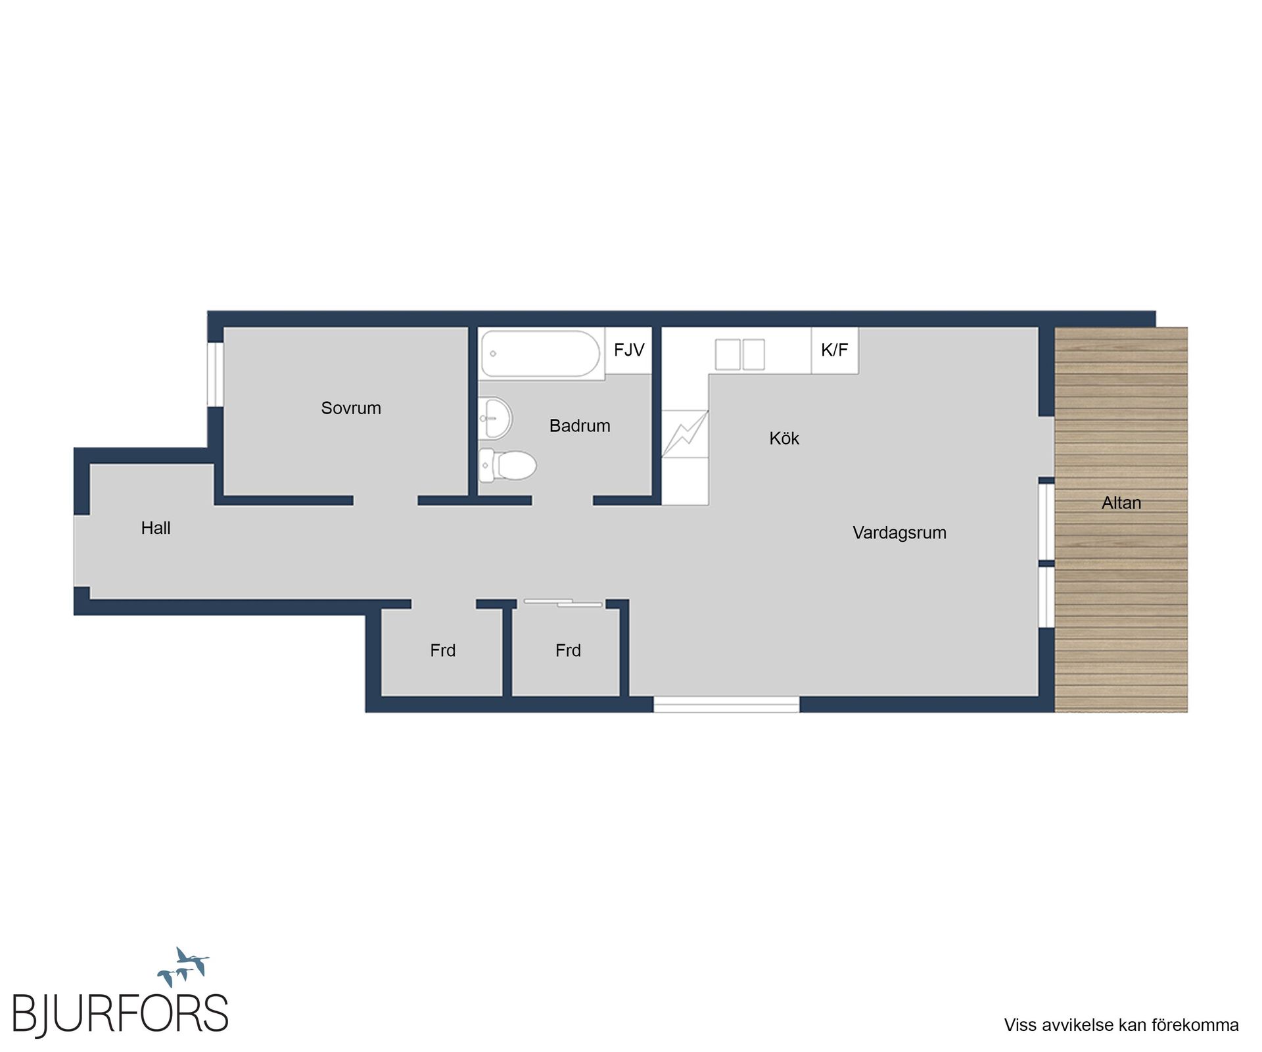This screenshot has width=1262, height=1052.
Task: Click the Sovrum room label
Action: tap(351, 408)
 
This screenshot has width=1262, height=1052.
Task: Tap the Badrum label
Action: tap(580, 425)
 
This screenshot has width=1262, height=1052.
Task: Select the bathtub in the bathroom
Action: tap(540, 354)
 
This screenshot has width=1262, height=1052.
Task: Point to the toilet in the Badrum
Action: tap(507, 465)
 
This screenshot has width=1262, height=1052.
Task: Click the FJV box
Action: tap(629, 350)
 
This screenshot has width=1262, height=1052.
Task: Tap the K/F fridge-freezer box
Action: tap(835, 350)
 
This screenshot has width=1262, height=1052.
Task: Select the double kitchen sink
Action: tap(740, 354)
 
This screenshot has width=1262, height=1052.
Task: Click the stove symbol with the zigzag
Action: tap(685, 434)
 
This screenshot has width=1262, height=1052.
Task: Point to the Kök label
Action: tap(784, 439)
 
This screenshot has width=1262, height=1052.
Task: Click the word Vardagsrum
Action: tap(899, 533)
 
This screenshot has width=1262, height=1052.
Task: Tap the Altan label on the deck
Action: tap(1121, 503)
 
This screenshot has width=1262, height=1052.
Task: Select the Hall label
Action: tap(156, 528)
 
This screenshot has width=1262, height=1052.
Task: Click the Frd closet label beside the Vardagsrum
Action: tap(568, 650)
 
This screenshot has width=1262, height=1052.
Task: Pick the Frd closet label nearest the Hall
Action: tap(442, 650)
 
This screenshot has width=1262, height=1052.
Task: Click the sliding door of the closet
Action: tap(563, 602)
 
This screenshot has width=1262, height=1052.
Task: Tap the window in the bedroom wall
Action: tap(216, 374)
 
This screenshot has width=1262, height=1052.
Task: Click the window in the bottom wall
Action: tap(726, 704)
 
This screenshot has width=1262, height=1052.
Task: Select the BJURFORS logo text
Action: tap(120, 1013)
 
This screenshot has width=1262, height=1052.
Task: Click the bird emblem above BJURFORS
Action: tap(183, 967)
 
